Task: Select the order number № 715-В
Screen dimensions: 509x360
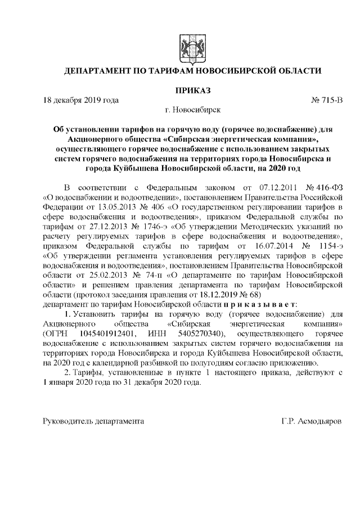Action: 326,101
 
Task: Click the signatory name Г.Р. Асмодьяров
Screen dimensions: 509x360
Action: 313,421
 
